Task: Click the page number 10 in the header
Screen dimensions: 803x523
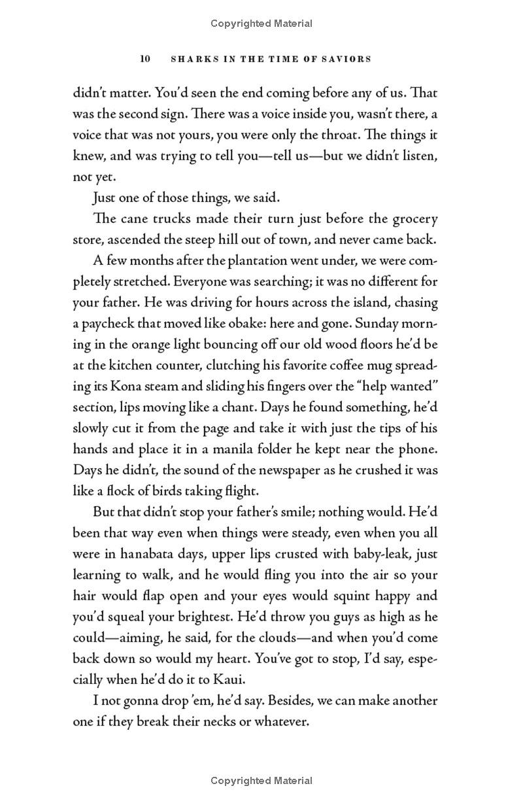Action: (x=145, y=59)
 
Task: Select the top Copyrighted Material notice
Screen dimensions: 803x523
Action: (x=261, y=24)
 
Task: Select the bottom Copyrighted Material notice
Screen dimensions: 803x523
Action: (x=261, y=780)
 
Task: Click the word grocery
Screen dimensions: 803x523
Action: (x=413, y=218)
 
